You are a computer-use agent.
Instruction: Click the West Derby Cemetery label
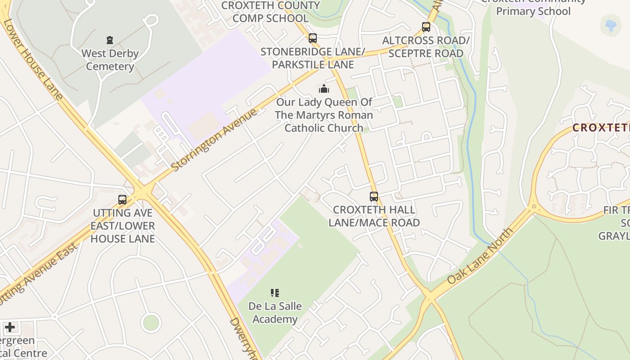point(110,60)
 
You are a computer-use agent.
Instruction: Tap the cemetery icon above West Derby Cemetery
point(110,40)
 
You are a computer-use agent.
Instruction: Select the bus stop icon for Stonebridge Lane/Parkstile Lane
point(313,38)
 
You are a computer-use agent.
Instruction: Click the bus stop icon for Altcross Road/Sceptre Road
point(426,27)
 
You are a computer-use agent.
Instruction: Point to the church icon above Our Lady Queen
point(324,88)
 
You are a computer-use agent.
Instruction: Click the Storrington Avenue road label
point(215,139)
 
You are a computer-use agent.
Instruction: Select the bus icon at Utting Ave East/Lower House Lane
point(122,200)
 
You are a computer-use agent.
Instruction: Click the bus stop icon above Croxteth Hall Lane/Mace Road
point(374,196)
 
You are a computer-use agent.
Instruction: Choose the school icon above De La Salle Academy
point(275,293)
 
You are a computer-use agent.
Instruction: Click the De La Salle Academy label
point(275,313)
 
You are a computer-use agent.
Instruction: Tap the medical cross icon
point(10,327)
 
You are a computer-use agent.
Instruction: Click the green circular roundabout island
point(151,323)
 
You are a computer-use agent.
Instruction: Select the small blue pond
point(611,25)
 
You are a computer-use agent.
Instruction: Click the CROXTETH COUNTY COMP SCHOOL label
point(271,12)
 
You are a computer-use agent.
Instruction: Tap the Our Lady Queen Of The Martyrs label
point(324,115)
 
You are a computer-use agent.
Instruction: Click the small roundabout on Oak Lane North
point(534,207)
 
